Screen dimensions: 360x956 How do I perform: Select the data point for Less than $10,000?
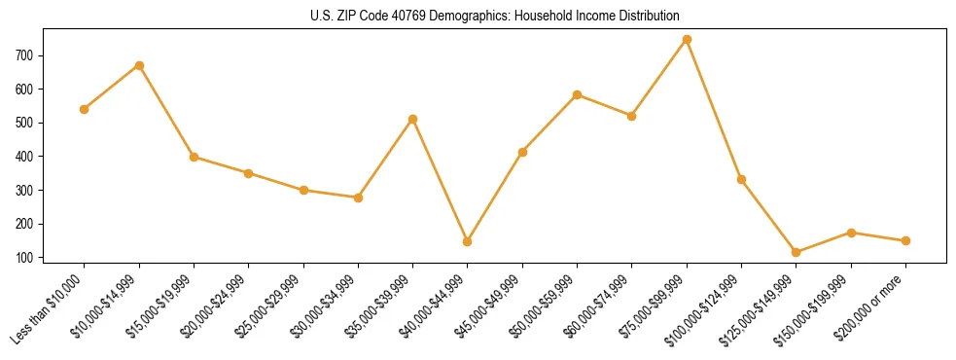coord(85,109)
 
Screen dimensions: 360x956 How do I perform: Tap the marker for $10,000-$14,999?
coord(139,65)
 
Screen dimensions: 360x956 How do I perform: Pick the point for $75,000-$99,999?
coord(687,39)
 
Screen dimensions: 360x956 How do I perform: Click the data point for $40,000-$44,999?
coord(468,241)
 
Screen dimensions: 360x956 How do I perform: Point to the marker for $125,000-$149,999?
coord(797,252)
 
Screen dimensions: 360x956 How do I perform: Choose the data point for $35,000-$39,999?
coord(413,119)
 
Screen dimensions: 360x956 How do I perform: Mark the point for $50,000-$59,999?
coord(578,94)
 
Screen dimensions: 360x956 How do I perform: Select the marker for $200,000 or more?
coord(905,240)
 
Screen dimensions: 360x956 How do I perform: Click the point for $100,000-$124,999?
coord(741,179)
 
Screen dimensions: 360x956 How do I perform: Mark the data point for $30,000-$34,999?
coord(358,198)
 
